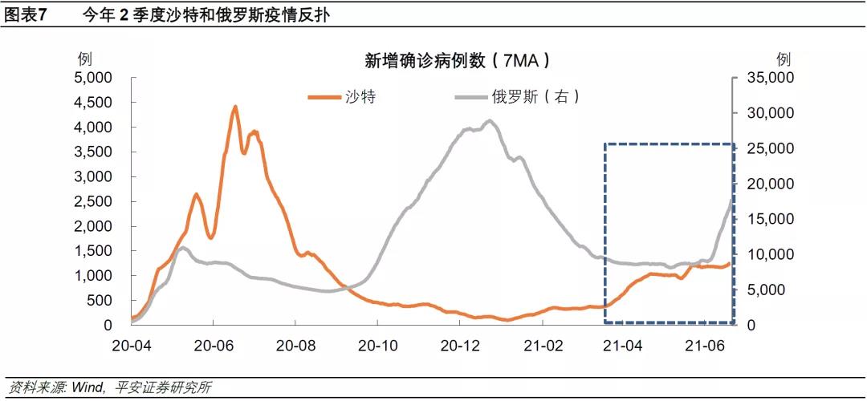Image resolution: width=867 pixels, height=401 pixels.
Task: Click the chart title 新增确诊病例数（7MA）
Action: coord(457,61)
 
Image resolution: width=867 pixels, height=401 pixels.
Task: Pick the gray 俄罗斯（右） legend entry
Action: coord(535,97)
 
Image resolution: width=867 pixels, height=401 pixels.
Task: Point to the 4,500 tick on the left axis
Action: coord(94,103)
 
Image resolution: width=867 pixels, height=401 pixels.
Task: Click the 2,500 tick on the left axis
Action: coord(94,201)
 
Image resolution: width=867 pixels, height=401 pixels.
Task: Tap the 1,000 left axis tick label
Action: coord(94,276)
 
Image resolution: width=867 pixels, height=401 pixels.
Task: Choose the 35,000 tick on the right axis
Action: coord(769,78)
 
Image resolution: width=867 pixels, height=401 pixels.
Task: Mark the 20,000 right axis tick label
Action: coord(769,184)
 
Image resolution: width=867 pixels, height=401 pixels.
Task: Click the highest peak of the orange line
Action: coord(235,107)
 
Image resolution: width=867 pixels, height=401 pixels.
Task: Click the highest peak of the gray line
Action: coord(490,121)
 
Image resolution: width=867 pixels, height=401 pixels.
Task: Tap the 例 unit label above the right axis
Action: coord(784,59)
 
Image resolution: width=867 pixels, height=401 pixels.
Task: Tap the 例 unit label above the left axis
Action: coord(84,59)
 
